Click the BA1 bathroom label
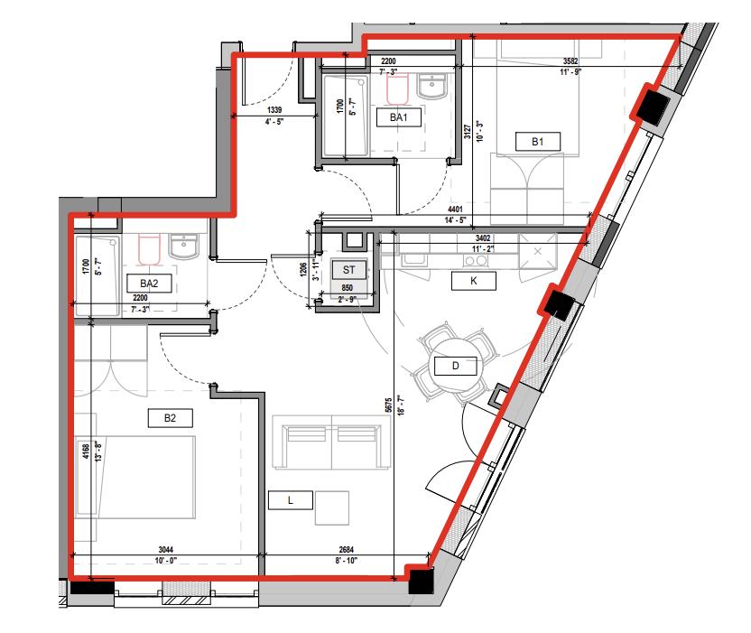(x=399, y=117)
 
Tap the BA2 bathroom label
(x=149, y=283)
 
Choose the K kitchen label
(x=472, y=281)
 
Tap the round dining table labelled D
(x=456, y=365)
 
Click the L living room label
(x=290, y=498)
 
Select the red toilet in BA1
(x=398, y=88)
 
